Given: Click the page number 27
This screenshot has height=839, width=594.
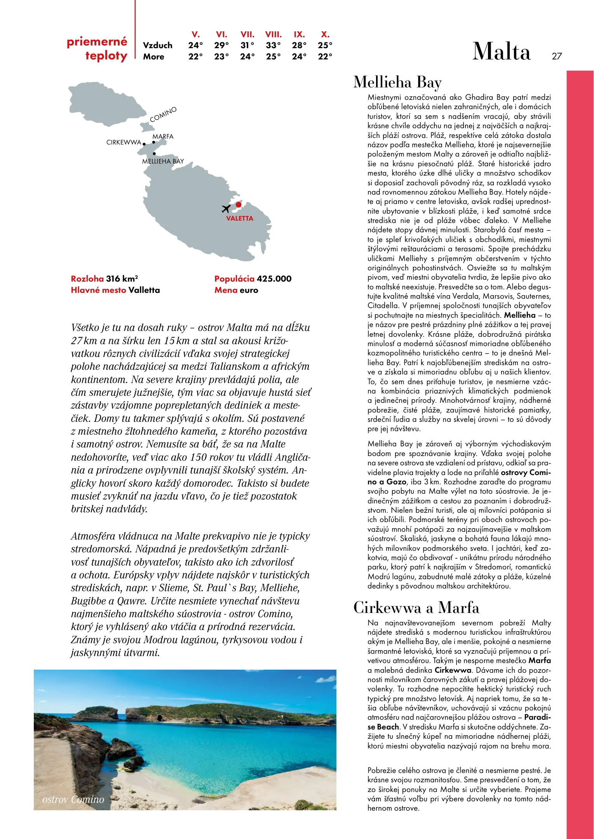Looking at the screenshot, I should (x=557, y=56).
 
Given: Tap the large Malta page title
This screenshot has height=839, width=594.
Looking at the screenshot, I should (x=501, y=52).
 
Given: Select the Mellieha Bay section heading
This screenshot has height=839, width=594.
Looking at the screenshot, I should (x=397, y=82).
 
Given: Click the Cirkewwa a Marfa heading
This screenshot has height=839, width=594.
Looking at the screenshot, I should (x=416, y=607).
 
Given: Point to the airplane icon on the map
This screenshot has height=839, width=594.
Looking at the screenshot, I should (x=226, y=209).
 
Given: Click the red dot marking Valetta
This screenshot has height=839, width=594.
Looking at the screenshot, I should (x=239, y=205).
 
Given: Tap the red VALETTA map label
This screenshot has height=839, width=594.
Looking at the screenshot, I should (x=240, y=219).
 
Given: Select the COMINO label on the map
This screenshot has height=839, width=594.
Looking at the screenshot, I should (x=163, y=114).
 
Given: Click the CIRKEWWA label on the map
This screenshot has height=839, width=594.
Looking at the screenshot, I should (x=124, y=143).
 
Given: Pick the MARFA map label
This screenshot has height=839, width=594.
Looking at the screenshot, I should (x=163, y=137).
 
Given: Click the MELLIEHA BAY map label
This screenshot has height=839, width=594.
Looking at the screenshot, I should (x=163, y=161).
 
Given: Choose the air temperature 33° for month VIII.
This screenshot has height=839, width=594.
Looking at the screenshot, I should (x=273, y=45).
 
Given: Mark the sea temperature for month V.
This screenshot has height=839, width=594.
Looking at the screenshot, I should (x=195, y=57).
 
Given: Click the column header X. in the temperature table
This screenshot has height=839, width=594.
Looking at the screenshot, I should (x=325, y=34).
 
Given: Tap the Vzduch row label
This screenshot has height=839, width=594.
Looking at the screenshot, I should (x=157, y=45).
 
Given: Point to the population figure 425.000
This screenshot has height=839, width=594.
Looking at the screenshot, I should (x=274, y=279).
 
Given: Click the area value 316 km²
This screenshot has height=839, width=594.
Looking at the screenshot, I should (x=122, y=279).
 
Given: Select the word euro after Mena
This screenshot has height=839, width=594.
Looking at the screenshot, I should (x=249, y=290).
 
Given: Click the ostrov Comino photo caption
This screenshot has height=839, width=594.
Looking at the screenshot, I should (x=73, y=799).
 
